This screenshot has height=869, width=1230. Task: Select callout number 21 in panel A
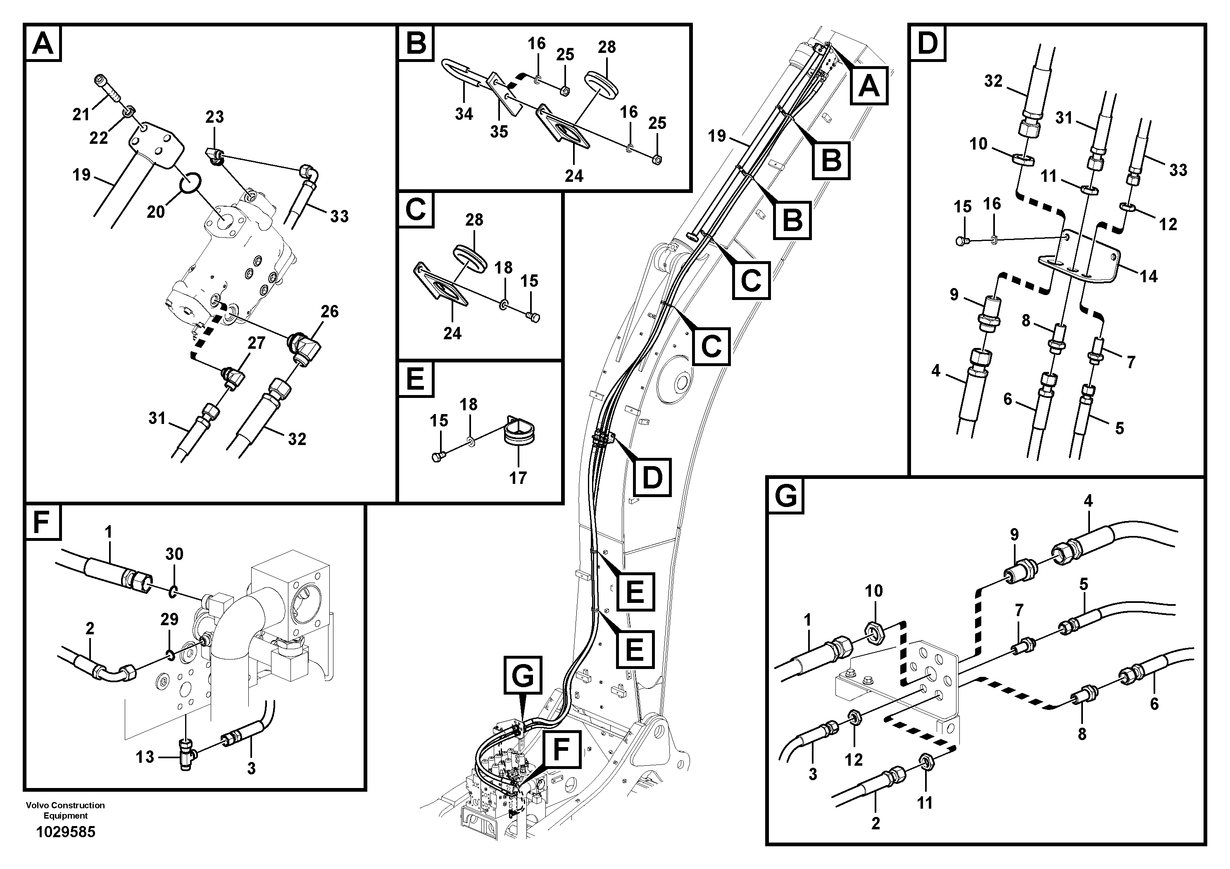click(x=81, y=114)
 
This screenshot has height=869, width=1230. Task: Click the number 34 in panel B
click(x=464, y=114)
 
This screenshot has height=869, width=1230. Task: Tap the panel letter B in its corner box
click(x=416, y=43)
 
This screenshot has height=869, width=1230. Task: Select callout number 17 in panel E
click(x=518, y=477)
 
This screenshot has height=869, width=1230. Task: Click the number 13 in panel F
click(x=145, y=757)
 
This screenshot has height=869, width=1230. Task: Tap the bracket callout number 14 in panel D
click(x=1149, y=276)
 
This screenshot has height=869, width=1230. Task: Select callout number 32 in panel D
click(x=993, y=81)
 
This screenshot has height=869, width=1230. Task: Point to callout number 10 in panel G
click(x=874, y=591)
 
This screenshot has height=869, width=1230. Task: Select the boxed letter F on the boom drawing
click(x=560, y=750)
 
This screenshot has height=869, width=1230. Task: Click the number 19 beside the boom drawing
click(x=716, y=136)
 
